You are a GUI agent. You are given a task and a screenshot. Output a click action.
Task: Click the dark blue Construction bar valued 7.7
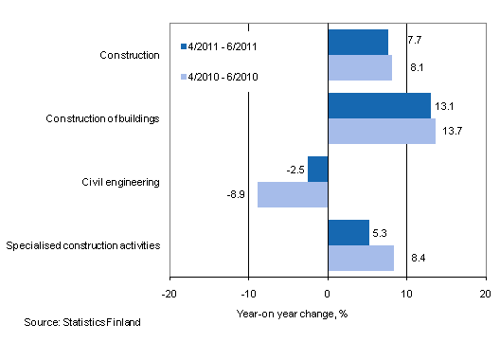[357, 42]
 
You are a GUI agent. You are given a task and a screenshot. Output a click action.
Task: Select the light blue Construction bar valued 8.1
[359, 67]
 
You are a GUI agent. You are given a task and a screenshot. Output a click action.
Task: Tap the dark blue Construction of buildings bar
[379, 105]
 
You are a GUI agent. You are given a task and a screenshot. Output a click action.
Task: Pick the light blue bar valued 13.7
[381, 131]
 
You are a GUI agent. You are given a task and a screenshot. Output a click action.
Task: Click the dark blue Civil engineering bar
[317, 169]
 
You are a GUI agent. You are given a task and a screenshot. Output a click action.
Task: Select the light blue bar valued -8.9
[292, 194]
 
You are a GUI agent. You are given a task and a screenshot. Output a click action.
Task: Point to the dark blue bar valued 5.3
[348, 232]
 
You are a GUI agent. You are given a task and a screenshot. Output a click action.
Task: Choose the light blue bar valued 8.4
[360, 258]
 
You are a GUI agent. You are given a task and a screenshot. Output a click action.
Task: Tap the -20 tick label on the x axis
[170, 293]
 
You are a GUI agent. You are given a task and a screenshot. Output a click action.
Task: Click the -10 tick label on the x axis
[248, 293]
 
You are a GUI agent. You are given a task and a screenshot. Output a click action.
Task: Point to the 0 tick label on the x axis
[328, 293]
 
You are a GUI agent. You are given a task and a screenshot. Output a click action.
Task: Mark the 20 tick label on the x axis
[485, 293]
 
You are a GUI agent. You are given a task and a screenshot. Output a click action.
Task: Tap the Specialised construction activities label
[82, 245]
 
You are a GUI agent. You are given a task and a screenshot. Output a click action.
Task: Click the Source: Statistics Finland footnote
[82, 323]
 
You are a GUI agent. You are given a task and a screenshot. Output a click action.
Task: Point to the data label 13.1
[445, 105]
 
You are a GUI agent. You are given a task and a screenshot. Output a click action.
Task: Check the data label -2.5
[295, 169]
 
